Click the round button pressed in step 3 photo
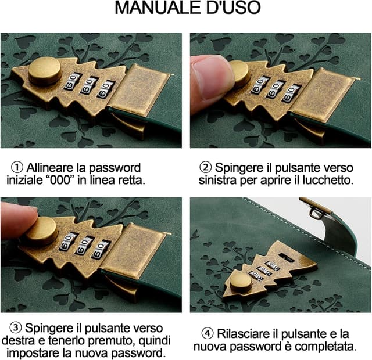(40, 230)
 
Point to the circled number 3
(15, 328)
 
